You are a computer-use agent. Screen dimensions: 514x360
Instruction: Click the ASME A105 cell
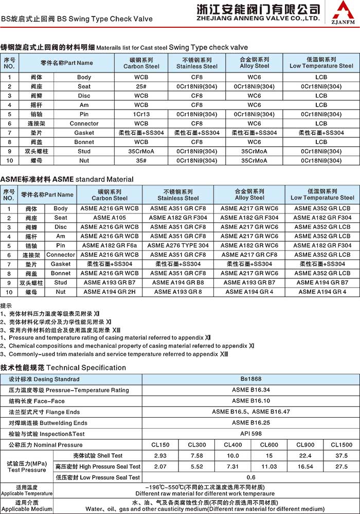point(110,218)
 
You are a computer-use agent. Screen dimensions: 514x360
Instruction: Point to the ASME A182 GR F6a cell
point(110,245)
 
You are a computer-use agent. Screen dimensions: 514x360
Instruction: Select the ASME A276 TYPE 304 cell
point(178,245)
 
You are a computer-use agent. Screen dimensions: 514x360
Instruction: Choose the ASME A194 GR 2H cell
point(110,292)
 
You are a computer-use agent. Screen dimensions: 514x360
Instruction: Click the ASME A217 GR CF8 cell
point(249,255)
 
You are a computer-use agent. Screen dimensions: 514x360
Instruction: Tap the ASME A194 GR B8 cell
point(178,282)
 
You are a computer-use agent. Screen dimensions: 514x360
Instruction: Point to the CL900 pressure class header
point(305,445)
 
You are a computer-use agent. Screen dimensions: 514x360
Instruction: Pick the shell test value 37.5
point(341,455)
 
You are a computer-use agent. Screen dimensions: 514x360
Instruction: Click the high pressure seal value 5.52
point(197,466)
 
